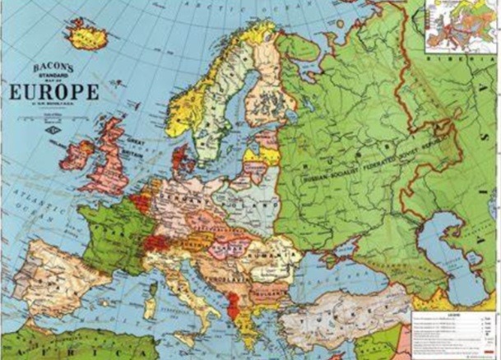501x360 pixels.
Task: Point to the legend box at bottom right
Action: pos(452,332)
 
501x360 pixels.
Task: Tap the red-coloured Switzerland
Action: pos(157,242)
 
